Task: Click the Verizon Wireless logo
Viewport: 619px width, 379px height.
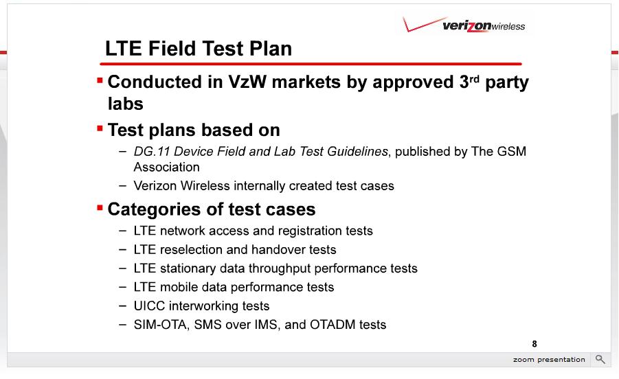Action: coord(464,25)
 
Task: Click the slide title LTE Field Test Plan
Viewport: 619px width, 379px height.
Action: coord(199,49)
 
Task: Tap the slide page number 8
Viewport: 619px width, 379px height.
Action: coord(534,344)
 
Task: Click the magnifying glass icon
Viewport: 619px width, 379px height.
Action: coord(600,359)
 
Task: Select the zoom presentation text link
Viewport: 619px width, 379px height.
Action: coord(549,359)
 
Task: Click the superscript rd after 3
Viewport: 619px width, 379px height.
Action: coord(474,78)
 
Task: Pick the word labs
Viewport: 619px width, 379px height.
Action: coord(126,104)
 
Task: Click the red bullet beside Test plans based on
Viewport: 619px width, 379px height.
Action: coord(100,128)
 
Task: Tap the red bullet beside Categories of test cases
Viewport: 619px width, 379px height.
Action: coord(100,207)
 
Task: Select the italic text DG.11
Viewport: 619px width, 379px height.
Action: coord(152,152)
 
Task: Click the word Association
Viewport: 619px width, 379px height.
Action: coord(166,168)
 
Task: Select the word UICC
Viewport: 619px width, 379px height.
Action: coord(146,306)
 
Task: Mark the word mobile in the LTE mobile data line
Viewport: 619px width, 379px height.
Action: coord(179,287)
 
